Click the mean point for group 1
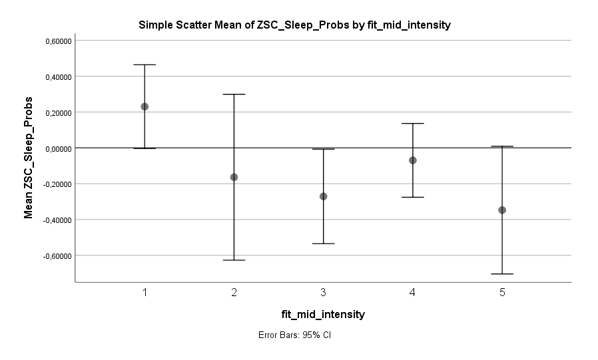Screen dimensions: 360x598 (145, 106)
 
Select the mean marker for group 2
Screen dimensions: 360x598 (234, 177)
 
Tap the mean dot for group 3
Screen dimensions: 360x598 (324, 196)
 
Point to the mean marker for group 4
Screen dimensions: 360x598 (413, 160)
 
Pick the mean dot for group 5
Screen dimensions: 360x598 (502, 210)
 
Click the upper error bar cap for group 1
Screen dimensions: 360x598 (145, 65)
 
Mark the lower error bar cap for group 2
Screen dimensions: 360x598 (234, 260)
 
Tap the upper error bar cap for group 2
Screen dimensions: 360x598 (234, 94)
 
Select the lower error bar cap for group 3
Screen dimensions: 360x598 (324, 244)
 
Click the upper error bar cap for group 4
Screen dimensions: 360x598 (413, 124)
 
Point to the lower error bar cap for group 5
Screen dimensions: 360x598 (502, 274)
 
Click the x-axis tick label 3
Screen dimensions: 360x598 (324, 293)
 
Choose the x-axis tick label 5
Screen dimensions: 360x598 (502, 293)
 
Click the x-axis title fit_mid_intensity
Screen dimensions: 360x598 (322, 313)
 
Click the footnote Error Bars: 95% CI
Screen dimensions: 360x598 (294, 335)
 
